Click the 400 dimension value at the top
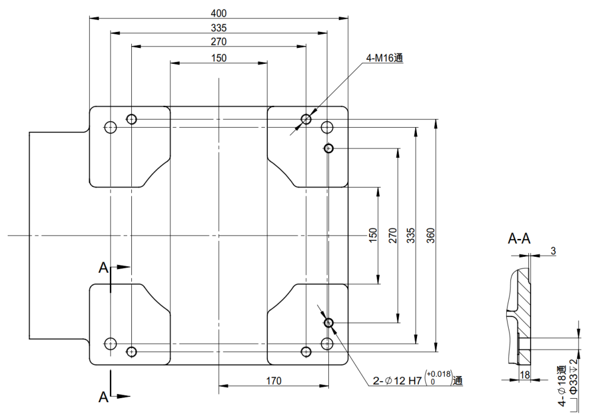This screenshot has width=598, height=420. click(x=218, y=13)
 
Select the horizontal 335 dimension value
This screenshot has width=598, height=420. click(x=218, y=28)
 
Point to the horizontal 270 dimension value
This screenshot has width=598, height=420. click(x=218, y=42)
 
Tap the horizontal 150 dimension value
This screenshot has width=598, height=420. click(x=218, y=57)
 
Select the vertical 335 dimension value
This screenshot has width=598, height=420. click(x=410, y=235)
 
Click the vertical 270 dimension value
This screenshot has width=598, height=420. click(x=391, y=235)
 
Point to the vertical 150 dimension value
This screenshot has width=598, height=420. click(x=372, y=235)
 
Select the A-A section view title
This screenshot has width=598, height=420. click(x=519, y=239)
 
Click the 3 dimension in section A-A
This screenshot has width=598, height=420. click(x=553, y=251)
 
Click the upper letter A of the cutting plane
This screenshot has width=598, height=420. click(x=104, y=269)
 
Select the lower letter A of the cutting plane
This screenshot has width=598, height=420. click(x=104, y=397)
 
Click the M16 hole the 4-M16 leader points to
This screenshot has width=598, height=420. click(x=306, y=119)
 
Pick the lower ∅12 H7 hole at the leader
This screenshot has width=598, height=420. click(x=329, y=322)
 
